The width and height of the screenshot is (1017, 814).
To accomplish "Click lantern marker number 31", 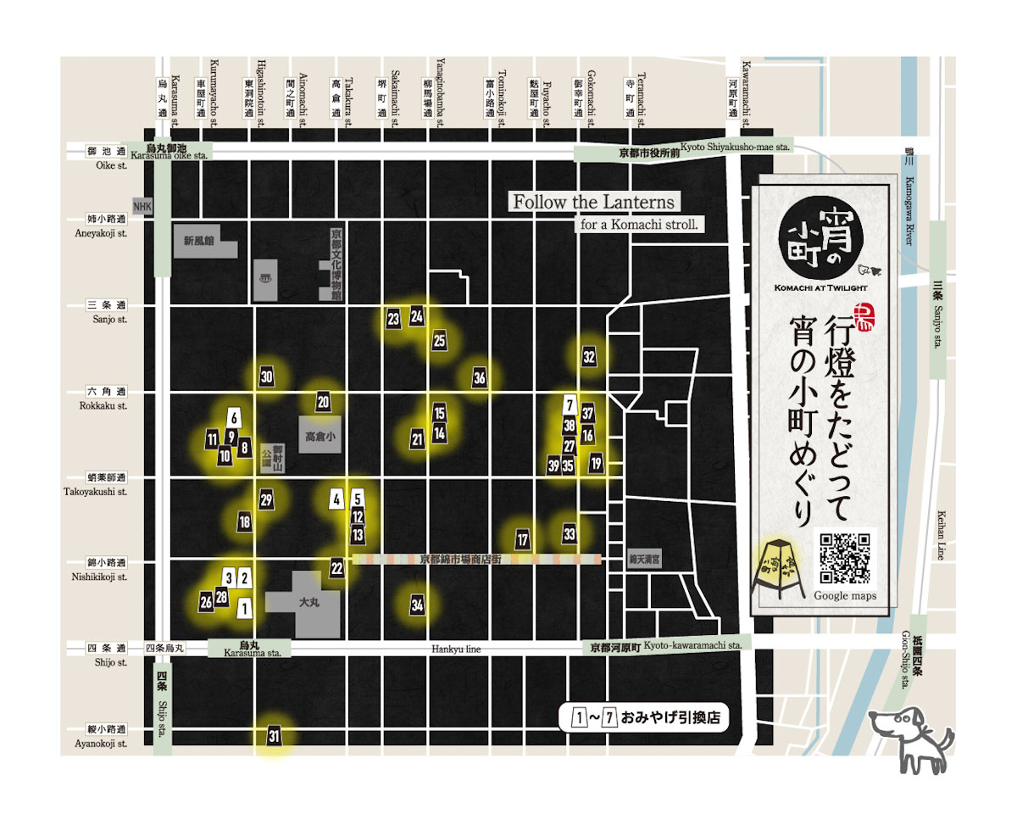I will pyautogui.click(x=274, y=735).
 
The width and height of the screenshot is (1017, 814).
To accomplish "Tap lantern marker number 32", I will pyautogui.click(x=589, y=357).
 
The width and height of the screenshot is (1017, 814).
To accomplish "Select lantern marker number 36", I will pyautogui.click(x=480, y=378).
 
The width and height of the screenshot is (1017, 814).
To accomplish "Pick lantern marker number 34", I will pyautogui.click(x=417, y=605).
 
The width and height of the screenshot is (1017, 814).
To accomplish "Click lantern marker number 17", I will pyautogui.click(x=523, y=539).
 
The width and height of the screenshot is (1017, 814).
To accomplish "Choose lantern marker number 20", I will pyautogui.click(x=323, y=403).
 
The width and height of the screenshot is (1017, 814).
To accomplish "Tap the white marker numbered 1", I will pyautogui.click(x=245, y=607).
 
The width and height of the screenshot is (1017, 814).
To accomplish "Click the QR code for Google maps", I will pyautogui.click(x=843, y=557).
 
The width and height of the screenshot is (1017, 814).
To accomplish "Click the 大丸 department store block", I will pyautogui.click(x=308, y=605).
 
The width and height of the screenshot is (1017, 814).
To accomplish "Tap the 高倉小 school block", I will pyautogui.click(x=320, y=438).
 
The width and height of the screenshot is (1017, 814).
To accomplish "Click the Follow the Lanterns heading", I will pyautogui.click(x=593, y=202).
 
